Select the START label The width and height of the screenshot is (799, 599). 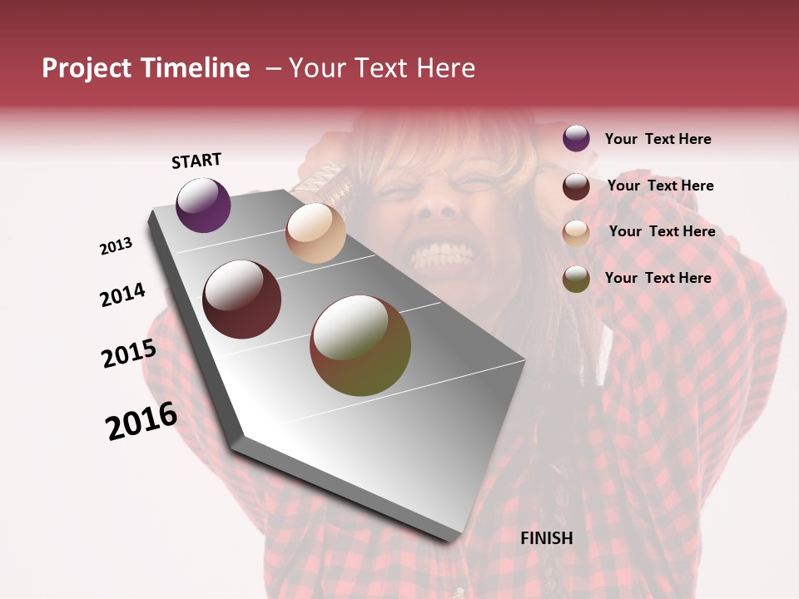click(x=196, y=161)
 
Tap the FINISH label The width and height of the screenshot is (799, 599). click(x=547, y=538)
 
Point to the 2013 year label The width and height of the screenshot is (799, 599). click(x=116, y=246)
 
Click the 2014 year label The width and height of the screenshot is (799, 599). click(x=122, y=295)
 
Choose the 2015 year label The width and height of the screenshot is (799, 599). click(x=128, y=354)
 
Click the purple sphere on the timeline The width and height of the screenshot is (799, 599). click(x=203, y=205)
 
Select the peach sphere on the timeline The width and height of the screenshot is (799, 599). click(x=315, y=233)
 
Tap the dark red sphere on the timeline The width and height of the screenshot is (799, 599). click(x=242, y=299)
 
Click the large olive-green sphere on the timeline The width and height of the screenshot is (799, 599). click(x=360, y=345)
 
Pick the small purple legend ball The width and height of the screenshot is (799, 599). click(x=576, y=138)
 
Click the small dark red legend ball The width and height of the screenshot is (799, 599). click(x=576, y=186)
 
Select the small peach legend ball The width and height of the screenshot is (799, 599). click(x=576, y=232)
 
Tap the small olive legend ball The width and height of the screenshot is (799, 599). click(x=576, y=279)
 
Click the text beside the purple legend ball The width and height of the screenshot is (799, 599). click(x=658, y=139)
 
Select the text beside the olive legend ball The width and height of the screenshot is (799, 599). click(x=658, y=278)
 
